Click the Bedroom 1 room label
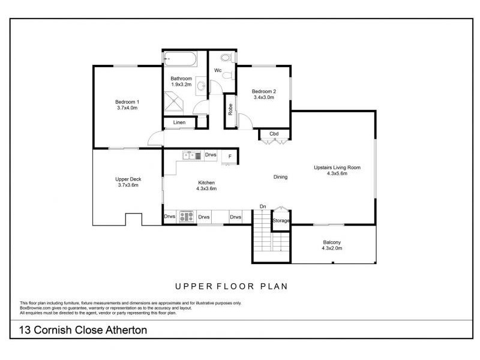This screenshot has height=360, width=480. coord(127,101)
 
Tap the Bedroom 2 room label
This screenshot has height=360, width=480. coord(263,91)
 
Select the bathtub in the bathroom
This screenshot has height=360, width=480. coord(184,60)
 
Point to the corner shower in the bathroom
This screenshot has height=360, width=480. coord(175,104)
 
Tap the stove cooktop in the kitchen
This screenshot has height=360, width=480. coord(185,217)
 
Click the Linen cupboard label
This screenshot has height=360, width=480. coord(179,123)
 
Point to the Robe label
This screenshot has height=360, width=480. coord(230,110)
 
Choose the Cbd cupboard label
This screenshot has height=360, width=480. coord(274,134)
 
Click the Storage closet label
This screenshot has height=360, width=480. coord(281,221)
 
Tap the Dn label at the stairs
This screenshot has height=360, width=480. coord(263,207)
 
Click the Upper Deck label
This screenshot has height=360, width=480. coord(127,179)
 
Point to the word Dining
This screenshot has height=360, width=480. coord(280,177)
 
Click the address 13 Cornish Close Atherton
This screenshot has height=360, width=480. coord(83,330)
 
